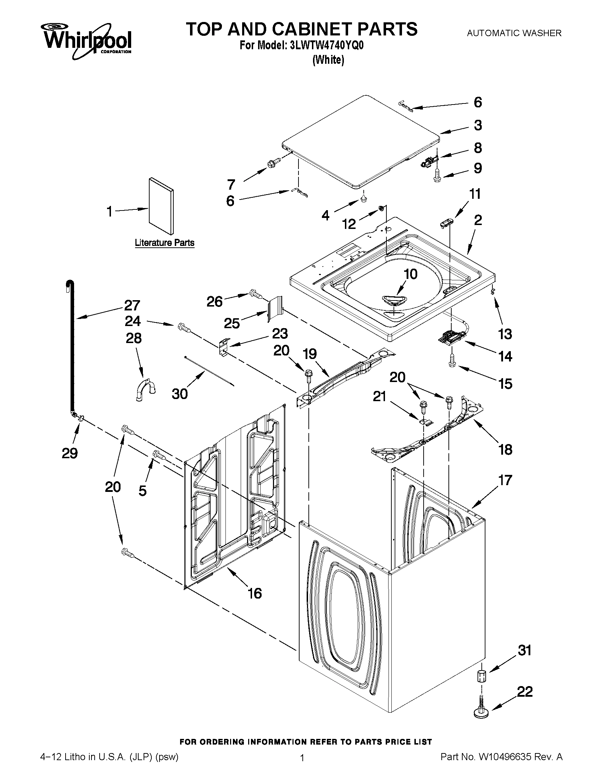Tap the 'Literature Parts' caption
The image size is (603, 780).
pyautogui.click(x=164, y=243)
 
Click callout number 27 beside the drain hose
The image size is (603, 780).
pyautogui.click(x=132, y=305)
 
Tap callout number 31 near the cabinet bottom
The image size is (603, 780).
pyautogui.click(x=524, y=650)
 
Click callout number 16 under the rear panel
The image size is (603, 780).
pyautogui.click(x=255, y=594)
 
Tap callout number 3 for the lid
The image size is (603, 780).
pyautogui.click(x=478, y=125)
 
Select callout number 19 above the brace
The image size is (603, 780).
pyautogui.click(x=310, y=354)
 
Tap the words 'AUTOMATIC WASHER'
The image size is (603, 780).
pyautogui.click(x=514, y=33)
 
